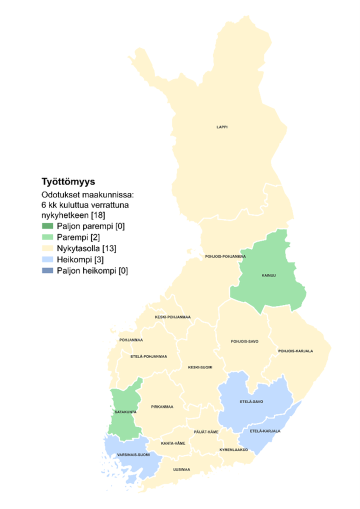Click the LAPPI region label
[x=222, y=127]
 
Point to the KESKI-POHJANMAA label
[x=172, y=317]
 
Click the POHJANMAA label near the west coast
[x=131, y=340]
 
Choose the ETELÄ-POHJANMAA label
[x=148, y=356]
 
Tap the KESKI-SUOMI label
[x=200, y=367]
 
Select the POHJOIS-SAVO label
[x=244, y=341]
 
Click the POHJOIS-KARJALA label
[x=295, y=351]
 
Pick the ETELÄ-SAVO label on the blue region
[x=251, y=401]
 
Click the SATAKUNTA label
[x=125, y=412]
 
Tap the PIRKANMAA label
[x=162, y=407]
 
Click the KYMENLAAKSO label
[x=234, y=450]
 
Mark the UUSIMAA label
[x=181, y=469]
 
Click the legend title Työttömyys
[x=68, y=182]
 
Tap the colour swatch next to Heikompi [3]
[x=48, y=259]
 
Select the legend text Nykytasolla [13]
[x=87, y=248]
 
